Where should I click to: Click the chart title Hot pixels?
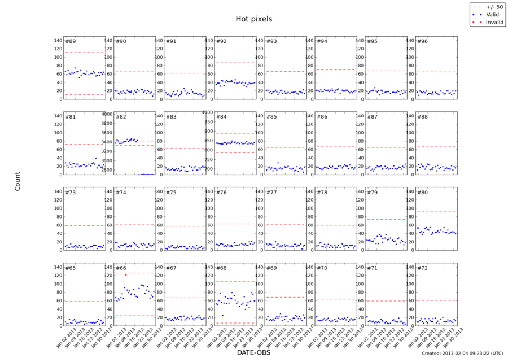[254, 19]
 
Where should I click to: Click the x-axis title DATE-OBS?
[254, 352]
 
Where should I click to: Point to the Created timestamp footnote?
[462, 353]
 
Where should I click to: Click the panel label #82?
[121, 117]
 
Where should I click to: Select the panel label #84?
[221, 117]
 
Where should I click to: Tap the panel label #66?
[121, 268]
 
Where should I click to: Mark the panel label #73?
[71, 193]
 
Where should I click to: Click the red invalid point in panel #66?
[126, 275]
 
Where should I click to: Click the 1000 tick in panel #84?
[208, 112]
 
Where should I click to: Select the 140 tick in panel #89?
[57, 41]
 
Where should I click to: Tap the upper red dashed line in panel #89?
[85, 53]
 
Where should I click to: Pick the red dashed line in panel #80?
[436, 211]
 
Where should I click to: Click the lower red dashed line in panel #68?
[235, 323]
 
